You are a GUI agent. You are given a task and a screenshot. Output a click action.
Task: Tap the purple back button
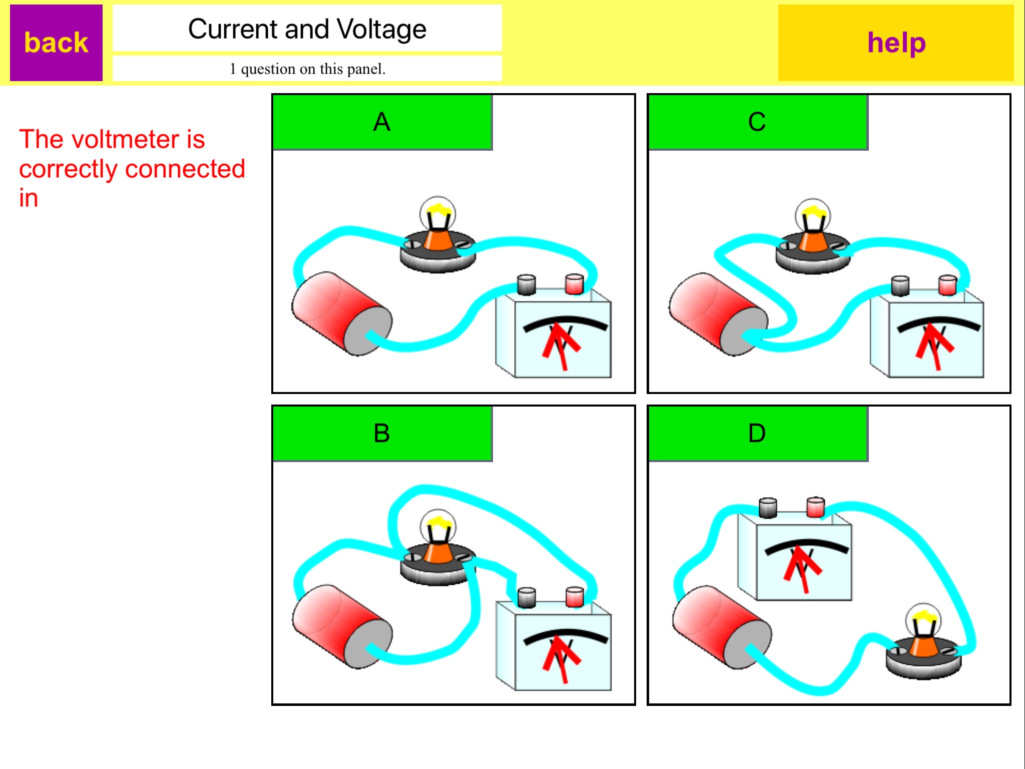[56, 43]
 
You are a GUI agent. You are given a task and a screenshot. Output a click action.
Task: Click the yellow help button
[896, 43]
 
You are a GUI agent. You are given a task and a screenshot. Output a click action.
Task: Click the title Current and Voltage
[307, 29]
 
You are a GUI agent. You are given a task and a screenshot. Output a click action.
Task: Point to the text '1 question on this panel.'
[307, 69]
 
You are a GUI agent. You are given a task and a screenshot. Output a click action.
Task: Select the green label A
[382, 122]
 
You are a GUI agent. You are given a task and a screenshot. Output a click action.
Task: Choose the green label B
[382, 434]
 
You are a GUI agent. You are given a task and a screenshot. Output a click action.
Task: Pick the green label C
[758, 122]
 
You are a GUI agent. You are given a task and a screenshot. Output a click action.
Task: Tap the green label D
[758, 434]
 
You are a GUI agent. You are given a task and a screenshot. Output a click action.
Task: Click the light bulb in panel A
[438, 234]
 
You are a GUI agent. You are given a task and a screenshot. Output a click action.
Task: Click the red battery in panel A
[342, 314]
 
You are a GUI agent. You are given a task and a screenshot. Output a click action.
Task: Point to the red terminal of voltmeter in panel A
[574, 284]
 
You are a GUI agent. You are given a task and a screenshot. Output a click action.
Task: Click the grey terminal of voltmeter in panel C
[900, 285]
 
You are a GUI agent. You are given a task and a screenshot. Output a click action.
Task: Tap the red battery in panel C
[719, 314]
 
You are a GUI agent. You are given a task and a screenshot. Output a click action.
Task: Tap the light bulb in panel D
[924, 641]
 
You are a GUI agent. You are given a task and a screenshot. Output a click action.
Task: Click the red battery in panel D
[722, 627]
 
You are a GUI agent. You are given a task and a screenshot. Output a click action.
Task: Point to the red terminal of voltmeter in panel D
[816, 507]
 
